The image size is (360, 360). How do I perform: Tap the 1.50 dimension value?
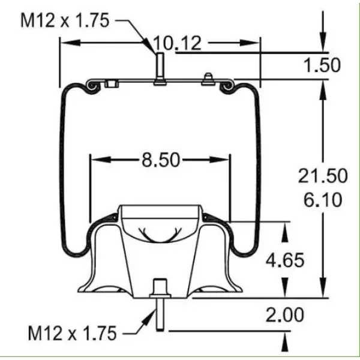click(x=322, y=65)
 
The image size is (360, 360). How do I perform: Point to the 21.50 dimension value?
click(x=323, y=176)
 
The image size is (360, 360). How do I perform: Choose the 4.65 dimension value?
click(x=286, y=260)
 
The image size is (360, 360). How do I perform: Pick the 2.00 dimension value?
click(x=286, y=314)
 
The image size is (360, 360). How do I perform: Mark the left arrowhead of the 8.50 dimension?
click(x=94, y=160)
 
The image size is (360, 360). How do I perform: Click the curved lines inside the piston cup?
click(x=160, y=233)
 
